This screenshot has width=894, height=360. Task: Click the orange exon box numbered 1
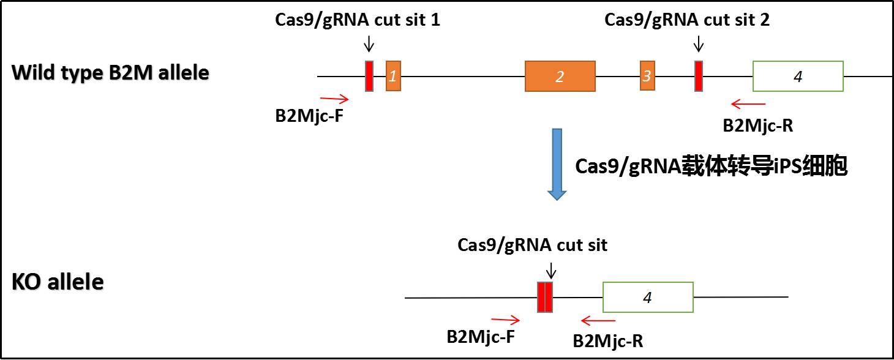(x=393, y=76)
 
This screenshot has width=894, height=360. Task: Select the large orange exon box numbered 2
(x=560, y=76)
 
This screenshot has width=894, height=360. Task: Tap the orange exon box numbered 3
(x=647, y=76)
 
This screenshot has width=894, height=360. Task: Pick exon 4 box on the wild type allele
(x=797, y=76)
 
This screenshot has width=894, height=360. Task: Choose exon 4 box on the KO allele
(x=648, y=298)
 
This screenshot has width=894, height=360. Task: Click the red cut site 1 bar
(x=369, y=76)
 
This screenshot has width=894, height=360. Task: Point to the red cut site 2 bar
(x=698, y=76)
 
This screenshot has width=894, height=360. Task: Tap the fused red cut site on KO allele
(x=545, y=297)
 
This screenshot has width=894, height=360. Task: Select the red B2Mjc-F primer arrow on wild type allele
(x=334, y=99)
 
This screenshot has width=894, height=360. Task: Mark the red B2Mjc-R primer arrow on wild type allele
(x=748, y=103)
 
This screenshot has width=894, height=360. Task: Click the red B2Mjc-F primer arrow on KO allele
(x=505, y=319)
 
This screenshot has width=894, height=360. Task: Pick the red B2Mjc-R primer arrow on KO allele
(x=598, y=320)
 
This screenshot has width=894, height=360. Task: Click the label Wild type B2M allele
(x=110, y=73)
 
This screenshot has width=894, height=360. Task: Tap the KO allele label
(x=58, y=283)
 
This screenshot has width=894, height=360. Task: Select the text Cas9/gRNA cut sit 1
(x=358, y=20)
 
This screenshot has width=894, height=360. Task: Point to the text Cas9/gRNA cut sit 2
(x=687, y=20)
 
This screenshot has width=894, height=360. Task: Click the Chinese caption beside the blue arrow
(x=711, y=167)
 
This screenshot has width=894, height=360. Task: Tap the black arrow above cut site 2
(x=698, y=43)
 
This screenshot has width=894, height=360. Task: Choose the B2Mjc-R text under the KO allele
(x=608, y=341)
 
